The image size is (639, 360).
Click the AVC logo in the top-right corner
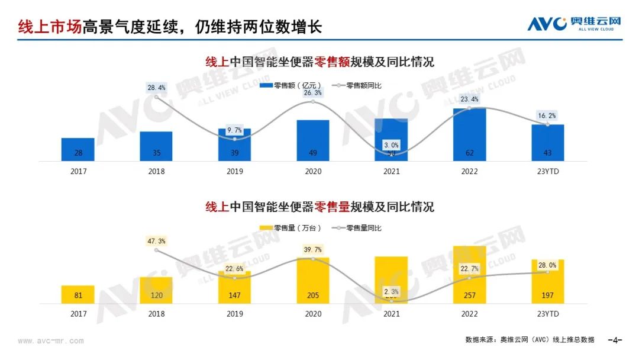coord(574,23)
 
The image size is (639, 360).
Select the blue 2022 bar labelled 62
coord(470,135)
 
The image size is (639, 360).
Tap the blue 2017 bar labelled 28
coord(78,150)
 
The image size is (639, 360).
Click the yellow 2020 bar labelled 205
coord(313,281)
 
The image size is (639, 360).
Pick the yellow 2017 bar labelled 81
coord(78,295)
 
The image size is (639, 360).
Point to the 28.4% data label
coord(157,88)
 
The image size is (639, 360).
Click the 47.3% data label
coord(157,241)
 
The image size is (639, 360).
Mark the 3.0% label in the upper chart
coord(391,144)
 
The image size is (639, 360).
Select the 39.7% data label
coord(313,249)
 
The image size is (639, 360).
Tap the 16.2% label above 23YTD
coord(548,115)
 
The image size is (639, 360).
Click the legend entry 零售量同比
coord(362,228)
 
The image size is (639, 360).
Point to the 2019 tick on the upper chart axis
coord(234,172)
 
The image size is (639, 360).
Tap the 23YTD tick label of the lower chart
coord(548,314)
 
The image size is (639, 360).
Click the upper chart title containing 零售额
coord(319,62)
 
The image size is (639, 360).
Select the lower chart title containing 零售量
coord(319,207)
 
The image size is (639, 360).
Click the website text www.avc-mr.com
coord(51,341)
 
